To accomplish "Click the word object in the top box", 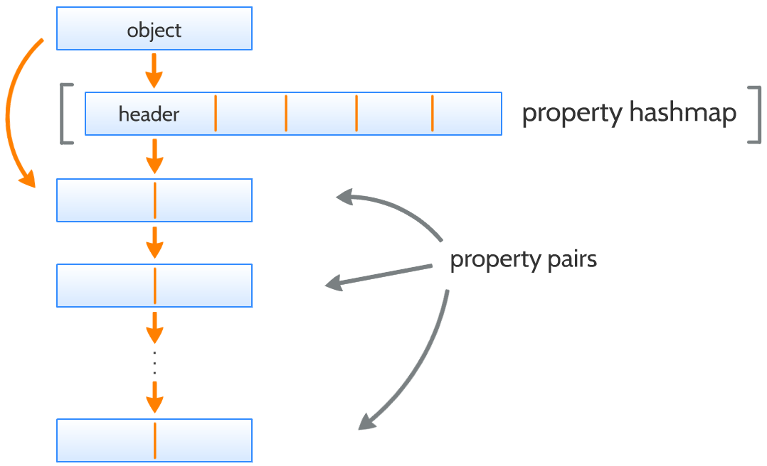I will click(x=154, y=30).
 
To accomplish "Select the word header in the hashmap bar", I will click(x=149, y=114).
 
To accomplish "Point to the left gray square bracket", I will click(x=65, y=114).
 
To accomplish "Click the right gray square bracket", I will click(x=755, y=114).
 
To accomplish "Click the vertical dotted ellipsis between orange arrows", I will click(x=154, y=362).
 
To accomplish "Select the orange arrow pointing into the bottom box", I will click(x=154, y=398).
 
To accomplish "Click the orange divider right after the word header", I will click(x=215, y=114).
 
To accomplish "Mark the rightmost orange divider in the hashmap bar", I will click(x=432, y=114).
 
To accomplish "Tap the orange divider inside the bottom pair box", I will click(x=154, y=440).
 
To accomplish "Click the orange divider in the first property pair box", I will click(x=154, y=200).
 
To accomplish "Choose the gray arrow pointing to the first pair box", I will click(x=391, y=210).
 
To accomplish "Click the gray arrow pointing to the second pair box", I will click(x=381, y=277).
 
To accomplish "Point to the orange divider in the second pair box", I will click(x=154, y=286).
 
